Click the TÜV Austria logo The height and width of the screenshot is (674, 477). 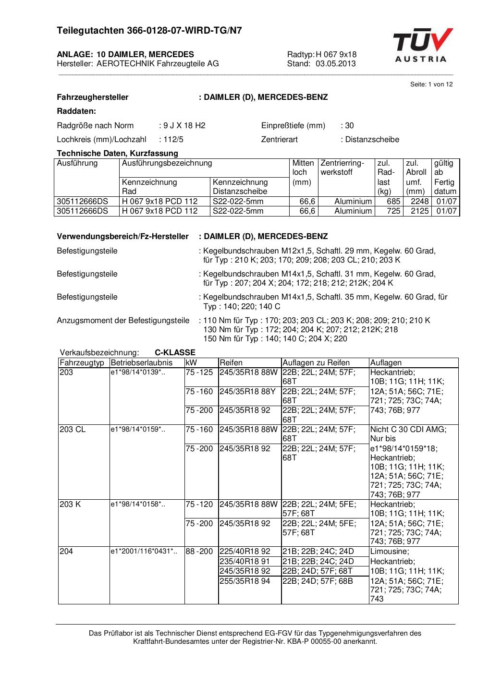coord(423,46)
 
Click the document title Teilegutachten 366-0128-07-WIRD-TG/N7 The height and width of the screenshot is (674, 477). coord(149,31)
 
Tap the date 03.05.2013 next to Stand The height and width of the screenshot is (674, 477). coord(336,64)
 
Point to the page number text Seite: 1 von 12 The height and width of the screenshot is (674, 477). coord(431,84)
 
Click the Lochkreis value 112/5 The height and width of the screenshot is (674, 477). coord(173,140)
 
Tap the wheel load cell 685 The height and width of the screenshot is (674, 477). coord(394,201)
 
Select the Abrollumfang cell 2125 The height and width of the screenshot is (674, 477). coord(419,211)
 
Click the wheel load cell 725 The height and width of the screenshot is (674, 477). coord(394,211)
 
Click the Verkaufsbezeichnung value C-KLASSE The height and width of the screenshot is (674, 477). coord(175,353)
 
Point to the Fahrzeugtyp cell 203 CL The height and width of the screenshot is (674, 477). coord(73,429)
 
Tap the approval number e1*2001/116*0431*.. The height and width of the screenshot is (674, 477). coord(144,552)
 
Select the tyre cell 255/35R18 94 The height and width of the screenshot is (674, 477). coord(245,581)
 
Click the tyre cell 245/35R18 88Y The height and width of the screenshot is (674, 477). coord(248,391)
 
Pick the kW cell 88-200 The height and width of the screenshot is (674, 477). coord(199,552)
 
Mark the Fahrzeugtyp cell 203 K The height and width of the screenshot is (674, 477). coord(70,504)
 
